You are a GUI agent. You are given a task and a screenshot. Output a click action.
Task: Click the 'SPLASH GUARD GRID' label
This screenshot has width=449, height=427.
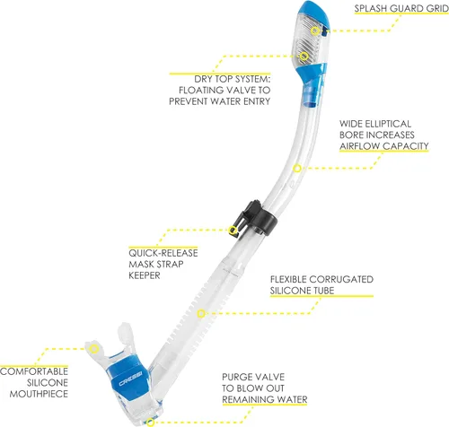pyautogui.click(x=401, y=8)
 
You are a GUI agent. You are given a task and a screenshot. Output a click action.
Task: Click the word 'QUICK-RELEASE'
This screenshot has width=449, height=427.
pyautogui.click(x=163, y=253)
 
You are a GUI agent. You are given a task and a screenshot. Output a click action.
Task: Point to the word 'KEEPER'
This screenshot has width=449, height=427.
pyautogui.click(x=145, y=275)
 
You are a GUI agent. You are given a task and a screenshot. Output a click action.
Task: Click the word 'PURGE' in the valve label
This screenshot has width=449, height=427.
pyautogui.click(x=234, y=377)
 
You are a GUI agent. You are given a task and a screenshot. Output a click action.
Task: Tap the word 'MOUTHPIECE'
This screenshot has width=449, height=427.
pyautogui.click(x=39, y=394)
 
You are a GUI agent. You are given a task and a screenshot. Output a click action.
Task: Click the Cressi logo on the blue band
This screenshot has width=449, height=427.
pyautogui.click(x=130, y=383)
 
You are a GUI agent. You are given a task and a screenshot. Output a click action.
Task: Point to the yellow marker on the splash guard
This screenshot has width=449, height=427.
pyautogui.click(x=314, y=30)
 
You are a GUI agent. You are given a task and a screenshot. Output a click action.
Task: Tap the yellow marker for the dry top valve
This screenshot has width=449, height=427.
pyautogui.click(x=304, y=56)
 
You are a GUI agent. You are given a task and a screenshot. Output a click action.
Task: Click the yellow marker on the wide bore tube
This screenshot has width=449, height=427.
pyautogui.click(x=297, y=169)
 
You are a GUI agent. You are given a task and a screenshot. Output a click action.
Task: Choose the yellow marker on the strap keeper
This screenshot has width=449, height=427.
pyautogui.click(x=233, y=230)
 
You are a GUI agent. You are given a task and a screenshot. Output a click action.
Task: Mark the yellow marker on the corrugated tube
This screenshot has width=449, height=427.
pyautogui.click(x=201, y=313)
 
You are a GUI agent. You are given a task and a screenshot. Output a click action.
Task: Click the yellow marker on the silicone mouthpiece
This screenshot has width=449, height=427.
pyautogui.click(x=94, y=348)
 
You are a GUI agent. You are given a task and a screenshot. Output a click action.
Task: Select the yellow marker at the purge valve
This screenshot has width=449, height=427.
pyautogui.click(x=151, y=423)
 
